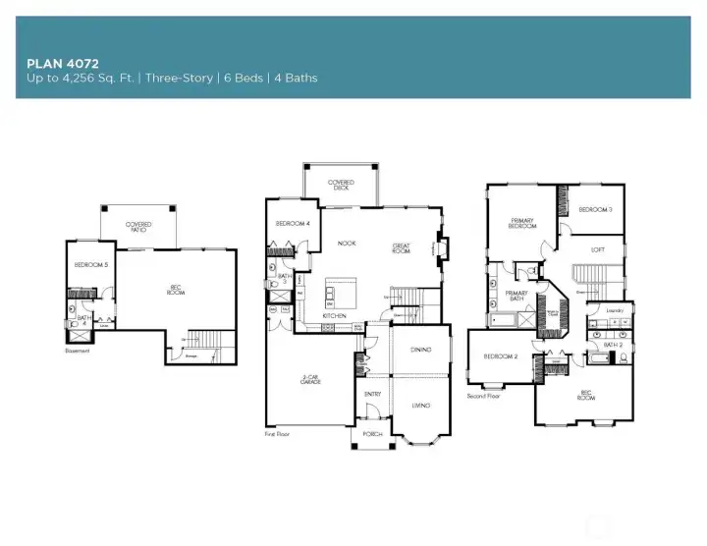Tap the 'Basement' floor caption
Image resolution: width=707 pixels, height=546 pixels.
pyautogui.click(x=78, y=350)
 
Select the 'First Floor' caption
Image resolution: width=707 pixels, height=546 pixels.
pyautogui.click(x=278, y=433)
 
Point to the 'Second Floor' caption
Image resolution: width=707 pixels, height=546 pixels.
pyautogui.click(x=484, y=396)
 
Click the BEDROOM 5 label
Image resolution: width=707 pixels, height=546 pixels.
pyautogui.click(x=90, y=266)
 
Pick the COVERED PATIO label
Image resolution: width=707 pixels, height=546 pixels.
pyautogui.click(x=138, y=227)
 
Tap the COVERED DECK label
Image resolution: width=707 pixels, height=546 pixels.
pyautogui.click(x=341, y=184)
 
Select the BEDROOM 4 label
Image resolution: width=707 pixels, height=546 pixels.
pyautogui.click(x=293, y=223)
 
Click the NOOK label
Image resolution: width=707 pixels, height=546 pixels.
pyautogui.click(x=346, y=243)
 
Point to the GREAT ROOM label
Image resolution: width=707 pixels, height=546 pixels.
pyautogui.click(x=401, y=247)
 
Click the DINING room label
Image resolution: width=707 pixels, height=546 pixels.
pyautogui.click(x=420, y=351)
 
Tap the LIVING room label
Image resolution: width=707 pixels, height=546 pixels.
pyautogui.click(x=420, y=405)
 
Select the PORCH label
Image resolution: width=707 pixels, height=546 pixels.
pyautogui.click(x=372, y=433)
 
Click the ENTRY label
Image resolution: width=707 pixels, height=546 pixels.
pyautogui.click(x=373, y=394)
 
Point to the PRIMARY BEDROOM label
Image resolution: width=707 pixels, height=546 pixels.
pyautogui.click(x=522, y=223)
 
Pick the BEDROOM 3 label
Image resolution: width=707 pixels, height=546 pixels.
pyautogui.click(x=595, y=209)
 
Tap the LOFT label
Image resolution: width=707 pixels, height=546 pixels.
pyautogui.click(x=598, y=249)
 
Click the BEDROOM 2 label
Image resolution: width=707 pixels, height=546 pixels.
pyautogui.click(x=502, y=356)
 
